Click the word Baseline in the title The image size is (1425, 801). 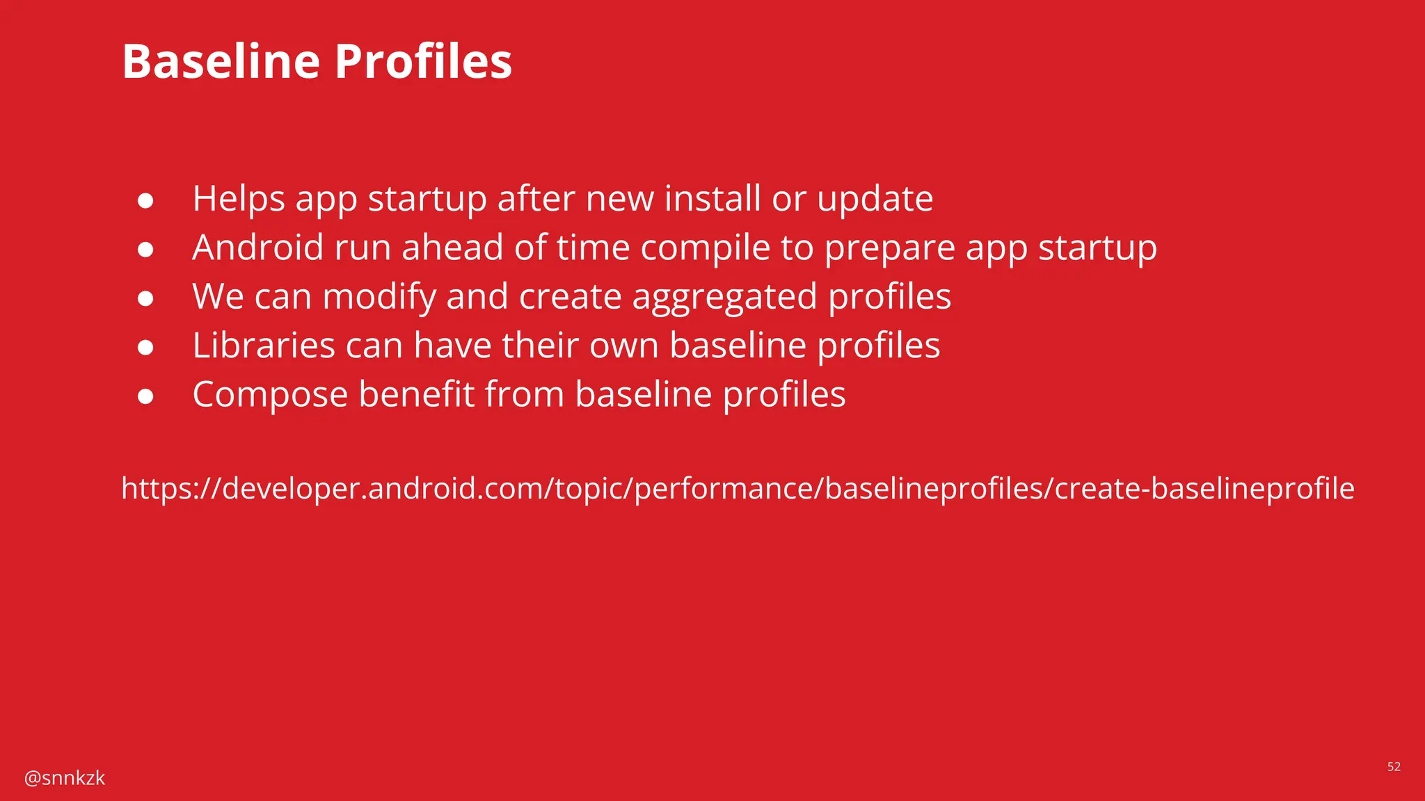pyautogui.click(x=221, y=61)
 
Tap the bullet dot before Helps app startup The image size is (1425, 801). pyautogui.click(x=145, y=201)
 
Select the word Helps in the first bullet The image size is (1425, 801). pyautogui.click(x=238, y=199)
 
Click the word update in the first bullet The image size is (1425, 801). pyautogui.click(x=875, y=200)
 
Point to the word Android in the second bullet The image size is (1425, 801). pyautogui.click(x=257, y=248)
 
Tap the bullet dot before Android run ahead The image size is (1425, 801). pyautogui.click(x=145, y=250)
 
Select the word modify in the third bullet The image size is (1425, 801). pyautogui.click(x=379, y=298)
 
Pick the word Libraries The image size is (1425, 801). pyautogui.click(x=264, y=346)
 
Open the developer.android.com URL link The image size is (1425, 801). pyautogui.click(x=738, y=489)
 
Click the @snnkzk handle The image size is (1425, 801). pyautogui.click(x=65, y=778)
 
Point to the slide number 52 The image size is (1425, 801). pyautogui.click(x=1394, y=767)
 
